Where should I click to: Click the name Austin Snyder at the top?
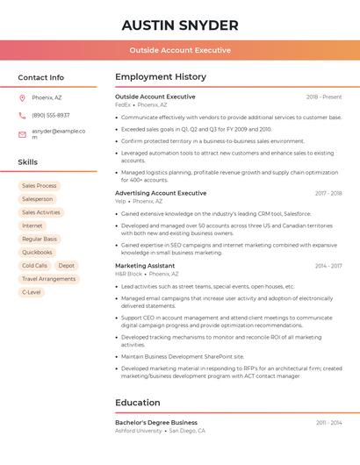pyautogui.click(x=180, y=25)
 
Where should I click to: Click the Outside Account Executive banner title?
pyautogui.click(x=180, y=50)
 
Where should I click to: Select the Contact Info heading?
pyautogui.click(x=40, y=77)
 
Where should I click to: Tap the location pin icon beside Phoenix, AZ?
pyautogui.click(x=22, y=97)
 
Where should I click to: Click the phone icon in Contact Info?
pyautogui.click(x=22, y=115)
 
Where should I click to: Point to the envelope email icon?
pyautogui.click(x=22, y=134)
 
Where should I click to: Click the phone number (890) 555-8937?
pyautogui.click(x=50, y=115)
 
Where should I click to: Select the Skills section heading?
pyautogui.click(x=27, y=162)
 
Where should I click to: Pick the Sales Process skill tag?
pyautogui.click(x=39, y=186)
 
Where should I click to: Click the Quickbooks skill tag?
pyautogui.click(x=37, y=252)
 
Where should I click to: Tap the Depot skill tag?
pyautogui.click(x=67, y=265)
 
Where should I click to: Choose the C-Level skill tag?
pyautogui.click(x=31, y=291)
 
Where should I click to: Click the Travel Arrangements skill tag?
pyautogui.click(x=48, y=278)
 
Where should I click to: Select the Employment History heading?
pyautogui.click(x=161, y=77)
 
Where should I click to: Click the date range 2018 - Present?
pyautogui.click(x=324, y=97)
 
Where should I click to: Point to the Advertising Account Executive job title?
pyautogui.click(x=161, y=193)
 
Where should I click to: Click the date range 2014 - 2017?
pyautogui.click(x=328, y=265)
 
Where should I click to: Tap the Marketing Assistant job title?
pyautogui.click(x=145, y=265)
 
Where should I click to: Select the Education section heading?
pyautogui.click(x=138, y=403)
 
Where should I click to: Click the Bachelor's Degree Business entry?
pyautogui.click(x=156, y=422)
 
